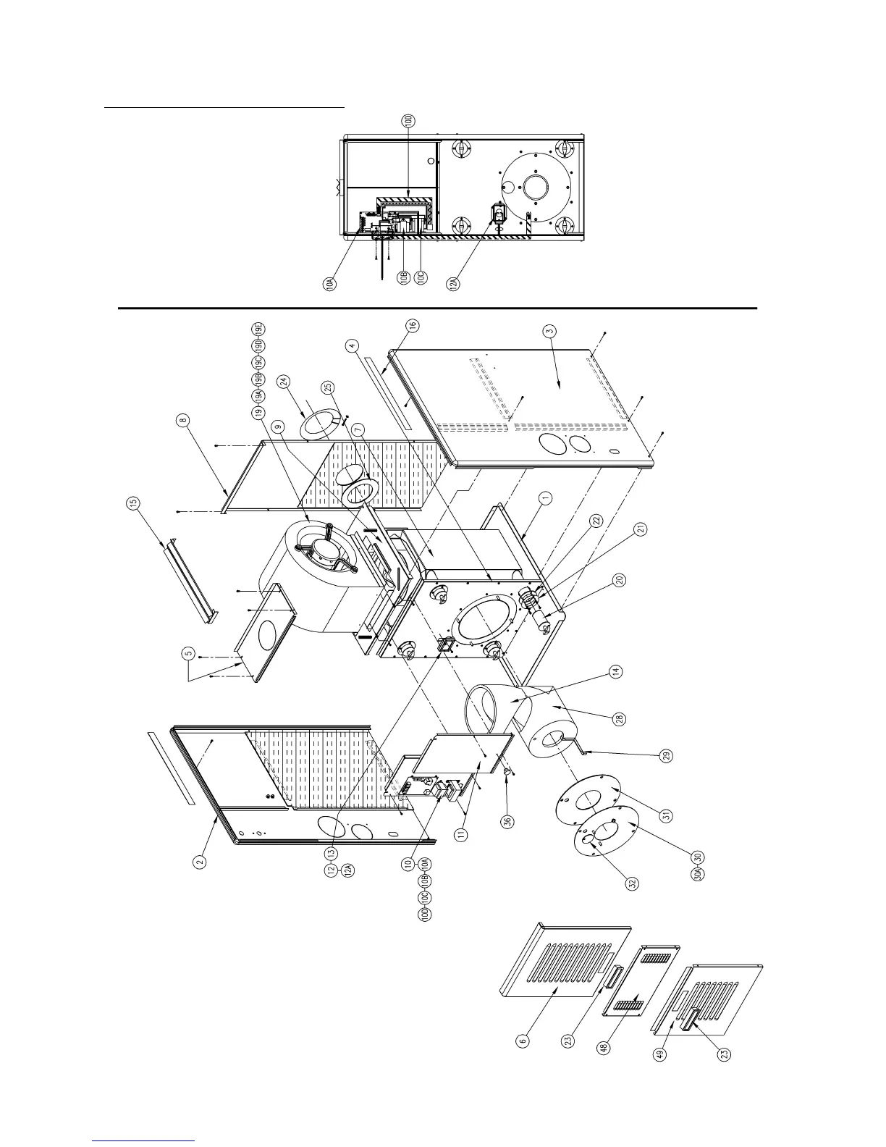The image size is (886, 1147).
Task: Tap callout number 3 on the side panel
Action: [550, 331]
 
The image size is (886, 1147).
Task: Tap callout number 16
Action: [412, 327]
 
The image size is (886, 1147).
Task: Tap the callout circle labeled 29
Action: [667, 755]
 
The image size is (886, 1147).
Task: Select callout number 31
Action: [667, 815]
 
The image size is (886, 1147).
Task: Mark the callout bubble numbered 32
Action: [632, 883]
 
